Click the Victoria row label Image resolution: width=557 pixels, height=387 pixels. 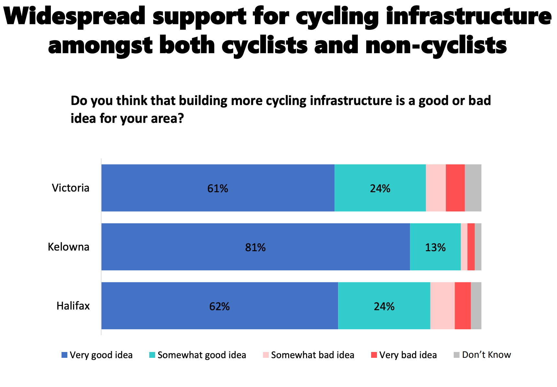click(71, 188)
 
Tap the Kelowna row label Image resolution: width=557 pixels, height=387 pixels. click(68, 247)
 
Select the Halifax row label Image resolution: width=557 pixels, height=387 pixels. click(73, 306)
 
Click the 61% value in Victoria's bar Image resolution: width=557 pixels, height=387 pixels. click(218, 188)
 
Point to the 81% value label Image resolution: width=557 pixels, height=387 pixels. click(255, 248)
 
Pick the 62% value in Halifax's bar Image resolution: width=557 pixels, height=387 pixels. click(219, 306)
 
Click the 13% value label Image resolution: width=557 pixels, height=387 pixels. click(435, 248)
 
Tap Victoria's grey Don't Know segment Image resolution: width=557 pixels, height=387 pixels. click(473, 188)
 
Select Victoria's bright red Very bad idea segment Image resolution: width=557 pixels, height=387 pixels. click(455, 188)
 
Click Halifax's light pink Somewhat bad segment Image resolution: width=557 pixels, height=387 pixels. click(442, 306)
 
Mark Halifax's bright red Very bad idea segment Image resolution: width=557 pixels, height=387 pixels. click(463, 306)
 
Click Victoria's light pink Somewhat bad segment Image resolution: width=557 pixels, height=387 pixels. click(436, 188)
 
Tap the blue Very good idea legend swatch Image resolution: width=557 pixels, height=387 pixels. click(64, 355)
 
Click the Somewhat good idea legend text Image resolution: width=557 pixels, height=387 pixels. click(202, 355)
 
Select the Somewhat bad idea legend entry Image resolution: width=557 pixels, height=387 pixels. click(313, 355)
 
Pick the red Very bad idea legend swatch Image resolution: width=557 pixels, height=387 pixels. click(374, 355)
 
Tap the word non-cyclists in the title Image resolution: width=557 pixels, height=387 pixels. click(436, 45)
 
